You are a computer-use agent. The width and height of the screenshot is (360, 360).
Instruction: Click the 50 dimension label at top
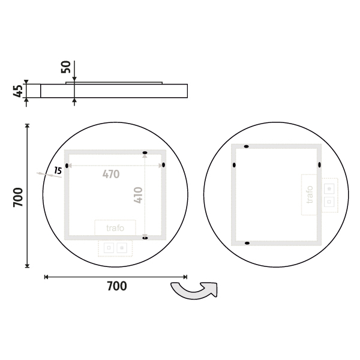click(66, 67)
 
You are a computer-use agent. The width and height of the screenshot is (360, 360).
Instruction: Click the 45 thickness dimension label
click(18, 91)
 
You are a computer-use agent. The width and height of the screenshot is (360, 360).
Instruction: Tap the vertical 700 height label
click(18, 197)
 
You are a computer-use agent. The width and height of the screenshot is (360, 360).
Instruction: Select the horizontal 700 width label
click(117, 286)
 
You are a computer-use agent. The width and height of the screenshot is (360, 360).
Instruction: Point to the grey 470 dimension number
click(111, 174)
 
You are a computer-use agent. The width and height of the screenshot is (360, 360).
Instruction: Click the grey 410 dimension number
click(138, 195)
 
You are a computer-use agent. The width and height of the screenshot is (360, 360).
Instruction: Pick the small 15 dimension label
click(58, 170)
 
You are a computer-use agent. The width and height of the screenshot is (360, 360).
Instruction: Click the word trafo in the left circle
click(115, 228)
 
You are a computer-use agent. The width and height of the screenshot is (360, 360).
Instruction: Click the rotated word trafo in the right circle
click(310, 194)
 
